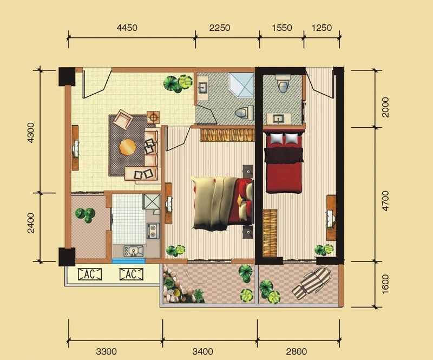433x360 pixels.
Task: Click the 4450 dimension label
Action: (x=127, y=28)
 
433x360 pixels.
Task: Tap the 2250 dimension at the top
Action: (x=220, y=28)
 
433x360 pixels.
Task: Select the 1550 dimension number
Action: (x=282, y=28)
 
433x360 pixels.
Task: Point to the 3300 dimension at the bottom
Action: (x=106, y=351)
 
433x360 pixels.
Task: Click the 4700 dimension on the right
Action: (x=385, y=201)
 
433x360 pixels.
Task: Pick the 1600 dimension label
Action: (x=385, y=284)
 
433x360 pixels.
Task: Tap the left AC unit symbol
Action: (x=90, y=274)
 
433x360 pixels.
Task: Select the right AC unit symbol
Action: (x=131, y=274)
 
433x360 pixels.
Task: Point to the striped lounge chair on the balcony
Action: (x=312, y=282)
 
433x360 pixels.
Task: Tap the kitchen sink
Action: (x=134, y=251)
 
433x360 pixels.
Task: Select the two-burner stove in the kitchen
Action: (x=152, y=231)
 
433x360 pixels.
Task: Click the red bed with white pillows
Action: (x=284, y=162)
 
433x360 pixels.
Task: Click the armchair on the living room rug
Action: (x=124, y=119)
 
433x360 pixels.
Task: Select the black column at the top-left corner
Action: (x=67, y=76)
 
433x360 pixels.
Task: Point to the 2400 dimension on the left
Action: (x=31, y=223)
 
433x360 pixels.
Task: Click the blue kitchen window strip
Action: (x=128, y=261)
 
